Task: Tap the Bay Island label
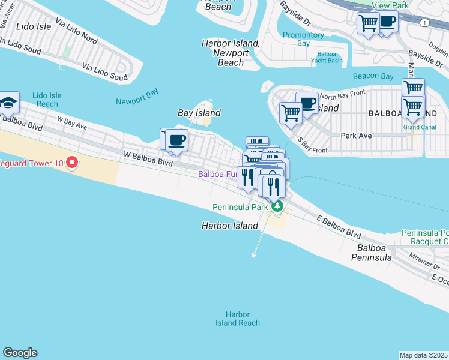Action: [199, 113]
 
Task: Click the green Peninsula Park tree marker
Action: [277, 207]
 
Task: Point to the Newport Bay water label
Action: [137, 92]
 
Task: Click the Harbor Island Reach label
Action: [238, 319]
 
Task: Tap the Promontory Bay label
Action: [303, 39]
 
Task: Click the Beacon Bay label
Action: [373, 76]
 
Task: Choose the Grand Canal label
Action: [419, 127]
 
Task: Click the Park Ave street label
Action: [357, 136]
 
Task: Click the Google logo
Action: [20, 353]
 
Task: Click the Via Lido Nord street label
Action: [76, 31]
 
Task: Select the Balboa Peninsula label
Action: [375, 252]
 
